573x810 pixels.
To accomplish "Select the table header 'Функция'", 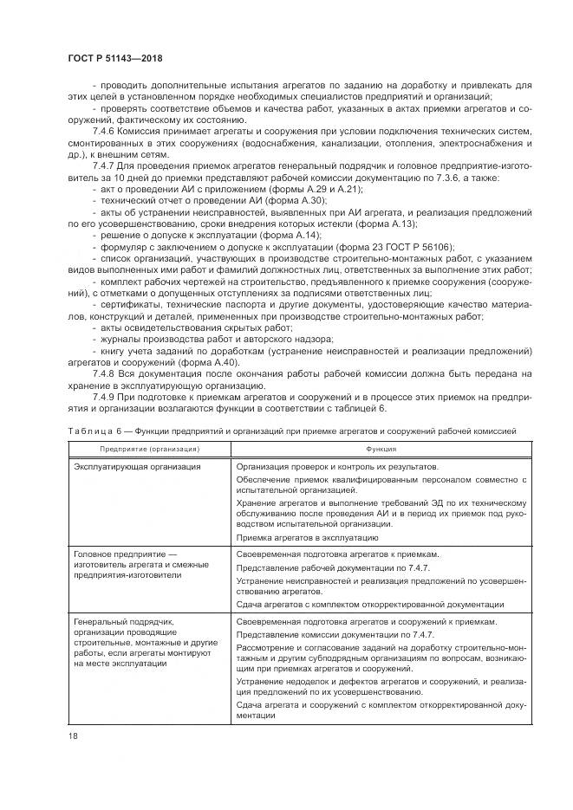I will click(381, 450).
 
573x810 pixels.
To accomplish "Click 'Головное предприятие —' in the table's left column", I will click(125, 554).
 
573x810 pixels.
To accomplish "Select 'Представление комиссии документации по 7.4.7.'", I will click(335, 634).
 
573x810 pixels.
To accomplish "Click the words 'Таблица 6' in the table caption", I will click(92, 429).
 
